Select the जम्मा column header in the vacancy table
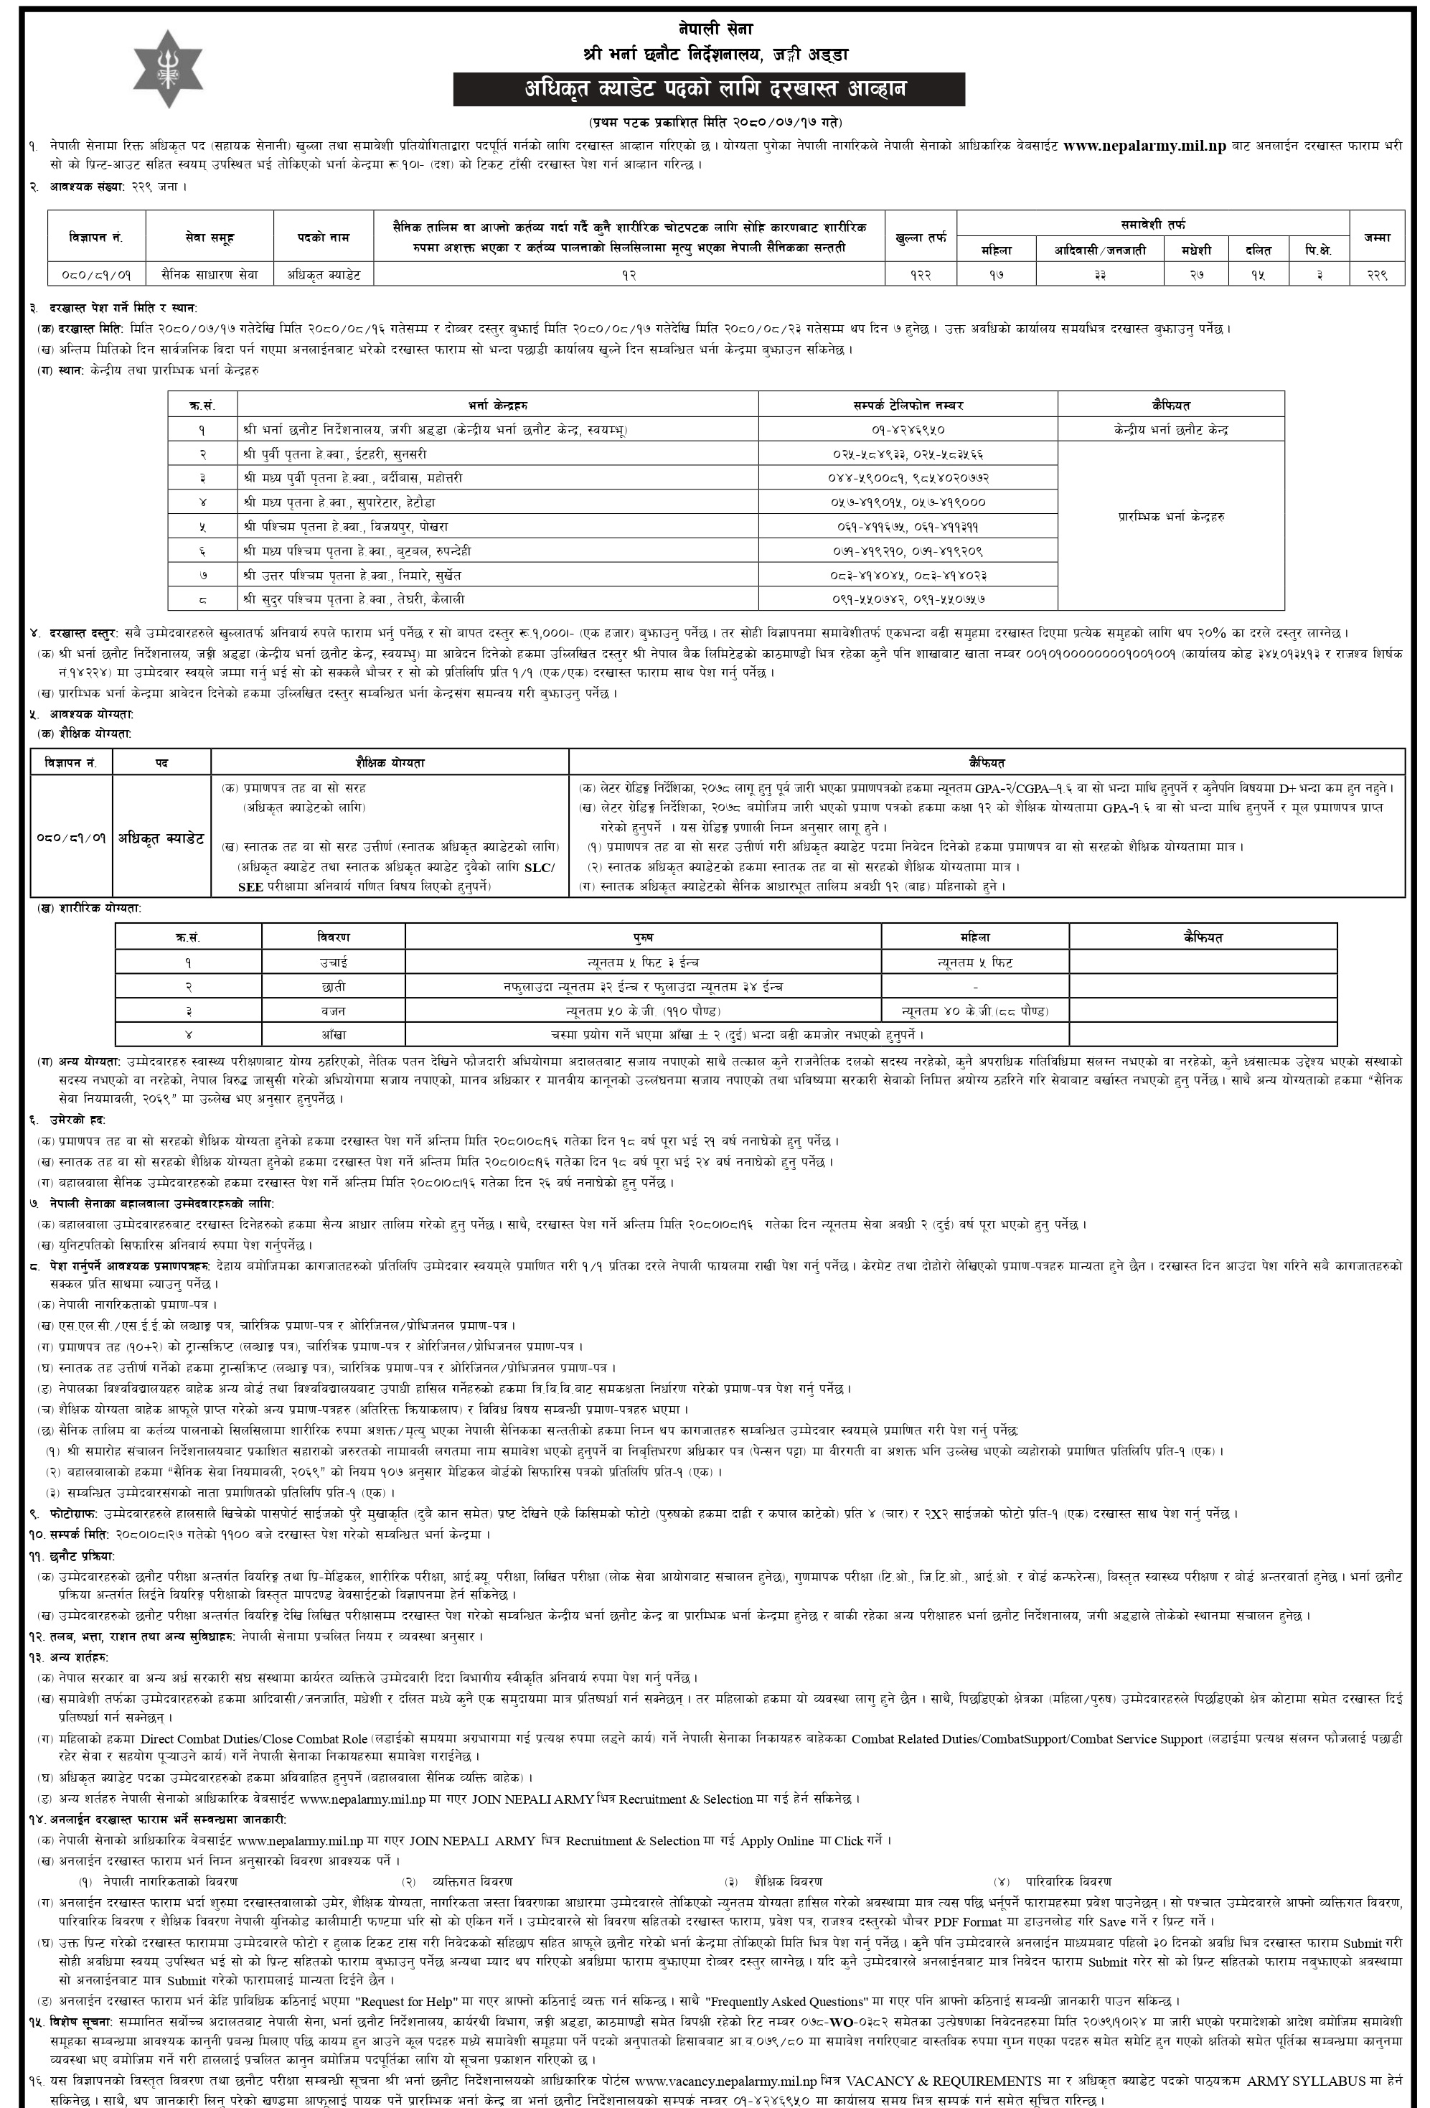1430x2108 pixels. [1376, 237]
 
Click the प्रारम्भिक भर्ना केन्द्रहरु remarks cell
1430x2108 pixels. [1170, 516]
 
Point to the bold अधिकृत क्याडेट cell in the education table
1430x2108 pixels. [161, 837]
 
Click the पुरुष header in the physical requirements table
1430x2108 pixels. [642, 937]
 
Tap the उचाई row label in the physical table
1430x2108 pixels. [333, 962]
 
